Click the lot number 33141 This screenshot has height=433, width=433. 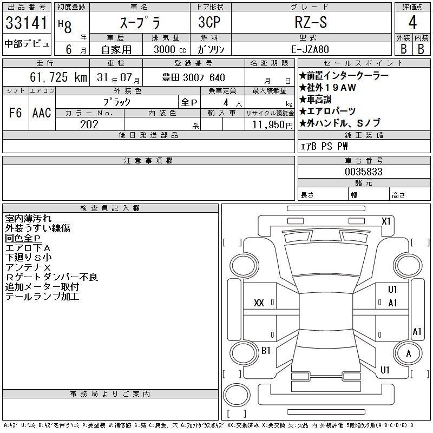27,23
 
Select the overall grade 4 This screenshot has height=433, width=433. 412,22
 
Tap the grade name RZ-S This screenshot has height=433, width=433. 311,22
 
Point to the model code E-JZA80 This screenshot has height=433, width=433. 310,49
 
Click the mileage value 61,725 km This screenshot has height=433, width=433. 58,77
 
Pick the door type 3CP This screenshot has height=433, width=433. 209,22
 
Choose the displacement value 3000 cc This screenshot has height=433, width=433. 170,49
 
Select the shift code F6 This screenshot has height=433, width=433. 16,113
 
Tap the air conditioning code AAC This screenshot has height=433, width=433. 42,113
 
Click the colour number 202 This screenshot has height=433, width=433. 89,124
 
